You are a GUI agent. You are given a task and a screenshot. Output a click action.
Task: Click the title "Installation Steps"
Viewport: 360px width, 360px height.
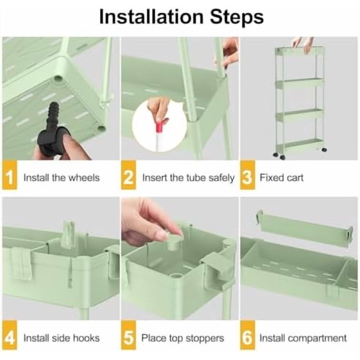click(182, 17)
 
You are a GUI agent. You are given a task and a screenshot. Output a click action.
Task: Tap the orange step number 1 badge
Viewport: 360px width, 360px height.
click(9, 175)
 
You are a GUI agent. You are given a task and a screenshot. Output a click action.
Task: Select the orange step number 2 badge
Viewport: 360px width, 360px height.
click(129, 175)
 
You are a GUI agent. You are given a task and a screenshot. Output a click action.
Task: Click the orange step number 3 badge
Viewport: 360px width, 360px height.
click(248, 175)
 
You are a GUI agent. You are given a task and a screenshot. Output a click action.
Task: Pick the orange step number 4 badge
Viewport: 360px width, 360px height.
click(9, 335)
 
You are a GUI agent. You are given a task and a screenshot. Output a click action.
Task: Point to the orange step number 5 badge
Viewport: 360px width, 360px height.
click(129, 335)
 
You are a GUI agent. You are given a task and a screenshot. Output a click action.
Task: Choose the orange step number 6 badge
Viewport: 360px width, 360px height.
click(248, 335)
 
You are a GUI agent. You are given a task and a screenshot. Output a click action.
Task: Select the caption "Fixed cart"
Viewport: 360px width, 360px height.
click(281, 178)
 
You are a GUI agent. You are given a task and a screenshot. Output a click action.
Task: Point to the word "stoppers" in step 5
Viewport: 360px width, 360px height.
click(205, 339)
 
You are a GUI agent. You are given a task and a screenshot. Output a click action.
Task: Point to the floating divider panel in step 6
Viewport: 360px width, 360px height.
click(305, 228)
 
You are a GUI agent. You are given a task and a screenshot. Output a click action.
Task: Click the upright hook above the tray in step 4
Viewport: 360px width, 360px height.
click(68, 234)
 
